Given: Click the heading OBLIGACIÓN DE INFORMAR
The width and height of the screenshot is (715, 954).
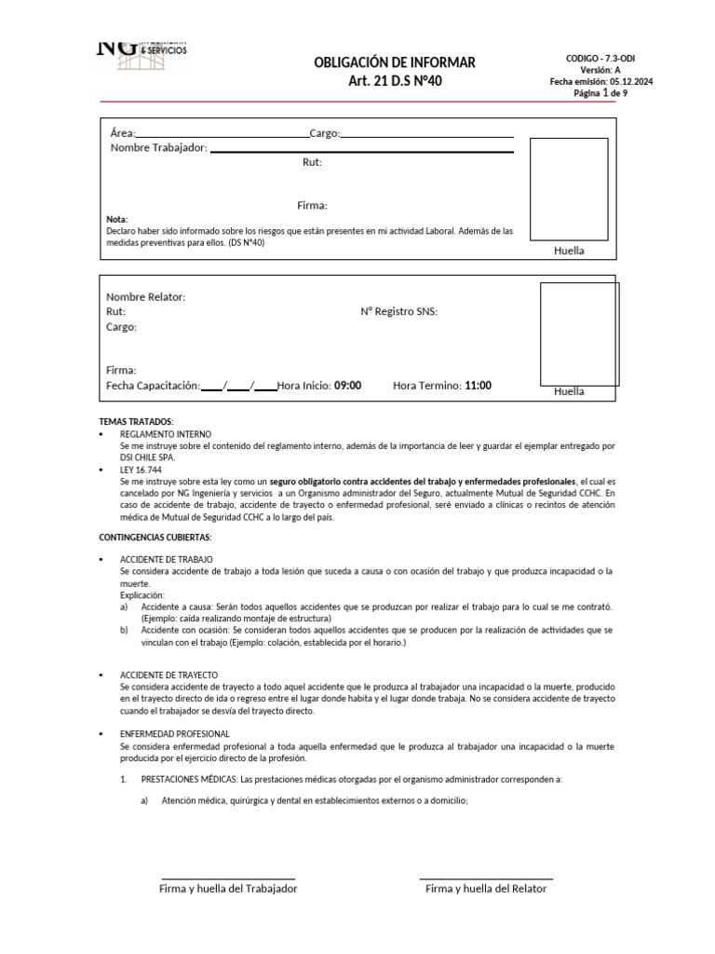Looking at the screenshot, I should [395, 62].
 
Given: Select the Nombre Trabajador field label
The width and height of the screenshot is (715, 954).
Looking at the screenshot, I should [158, 148].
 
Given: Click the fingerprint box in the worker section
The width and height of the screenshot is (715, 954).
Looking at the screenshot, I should [568, 189].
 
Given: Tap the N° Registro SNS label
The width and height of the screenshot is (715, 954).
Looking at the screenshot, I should [398, 311].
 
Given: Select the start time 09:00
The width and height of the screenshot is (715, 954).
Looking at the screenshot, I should [347, 386].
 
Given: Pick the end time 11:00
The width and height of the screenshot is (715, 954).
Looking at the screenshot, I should [478, 386].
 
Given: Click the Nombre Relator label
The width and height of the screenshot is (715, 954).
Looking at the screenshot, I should [145, 296].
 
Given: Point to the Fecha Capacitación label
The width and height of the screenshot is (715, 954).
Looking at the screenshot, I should [153, 386].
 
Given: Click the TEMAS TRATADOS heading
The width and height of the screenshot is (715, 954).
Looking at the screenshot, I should [136, 422].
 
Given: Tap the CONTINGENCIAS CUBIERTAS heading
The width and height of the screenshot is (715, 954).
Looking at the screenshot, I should [155, 538].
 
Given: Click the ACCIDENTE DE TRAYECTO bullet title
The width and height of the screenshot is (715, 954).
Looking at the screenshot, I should [169, 675].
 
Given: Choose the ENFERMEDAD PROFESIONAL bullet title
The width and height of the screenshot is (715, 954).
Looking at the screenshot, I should [174, 734].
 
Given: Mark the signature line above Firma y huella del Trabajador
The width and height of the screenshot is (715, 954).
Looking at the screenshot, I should [228, 879].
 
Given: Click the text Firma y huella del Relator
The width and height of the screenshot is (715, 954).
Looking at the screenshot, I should [486, 889].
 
